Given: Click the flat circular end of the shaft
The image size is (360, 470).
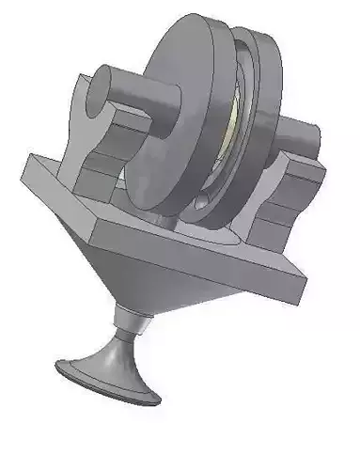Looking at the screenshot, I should pos(101,86).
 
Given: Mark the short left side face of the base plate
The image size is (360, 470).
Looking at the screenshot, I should pos(47,188).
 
